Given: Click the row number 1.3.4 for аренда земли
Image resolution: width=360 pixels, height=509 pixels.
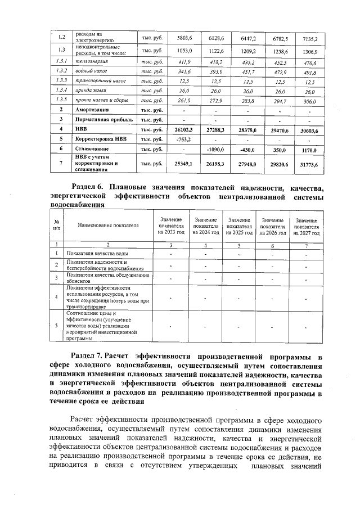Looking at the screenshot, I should click(x=62, y=91).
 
